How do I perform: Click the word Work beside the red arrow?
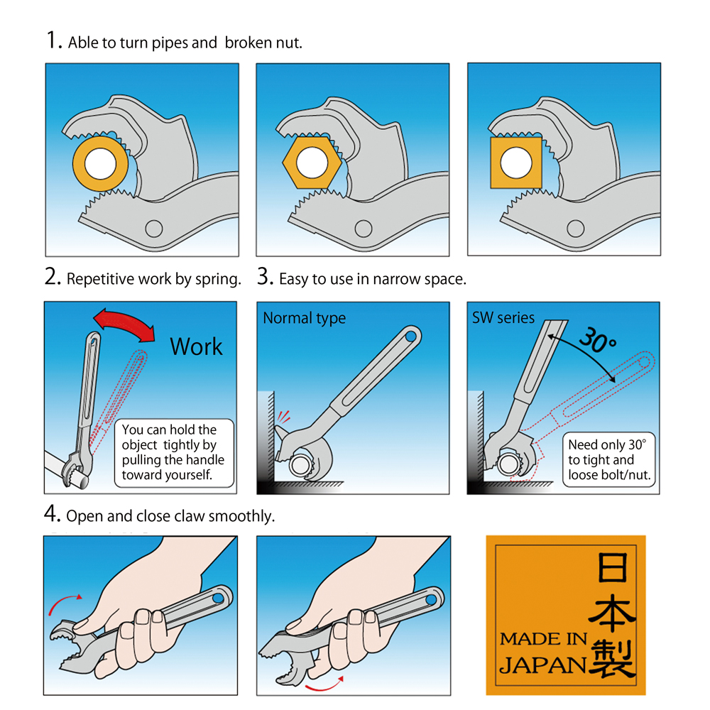[x=196, y=347]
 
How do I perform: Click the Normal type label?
[x=305, y=318]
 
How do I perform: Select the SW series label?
[x=503, y=318]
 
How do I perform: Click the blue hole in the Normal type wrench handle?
[x=410, y=337]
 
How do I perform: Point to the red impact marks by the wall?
[x=283, y=416]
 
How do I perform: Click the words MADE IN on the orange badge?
[x=543, y=639]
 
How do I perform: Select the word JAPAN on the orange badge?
[x=543, y=665]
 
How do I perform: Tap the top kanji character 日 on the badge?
[x=613, y=567]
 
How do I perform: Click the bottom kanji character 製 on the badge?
[x=612, y=658]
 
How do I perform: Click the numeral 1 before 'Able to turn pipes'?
[x=53, y=40]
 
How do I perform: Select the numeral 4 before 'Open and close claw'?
[x=52, y=513]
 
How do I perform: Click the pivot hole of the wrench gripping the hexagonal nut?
[x=363, y=229]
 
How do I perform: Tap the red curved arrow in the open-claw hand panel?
[x=65, y=603]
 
